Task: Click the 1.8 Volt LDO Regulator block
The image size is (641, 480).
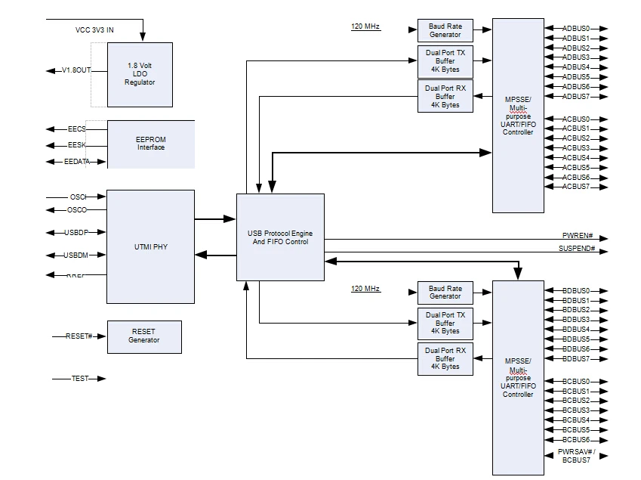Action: (140, 74)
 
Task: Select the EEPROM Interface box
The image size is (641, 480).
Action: (150, 143)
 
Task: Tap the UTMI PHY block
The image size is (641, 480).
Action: (149, 246)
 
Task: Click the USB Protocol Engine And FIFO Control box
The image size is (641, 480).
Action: (280, 237)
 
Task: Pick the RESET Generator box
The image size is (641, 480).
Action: (143, 336)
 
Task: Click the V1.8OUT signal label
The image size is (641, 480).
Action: (76, 71)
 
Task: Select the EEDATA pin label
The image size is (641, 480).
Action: (76, 162)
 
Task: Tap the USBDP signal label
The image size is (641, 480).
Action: (76, 233)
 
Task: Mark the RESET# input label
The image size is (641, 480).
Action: (79, 336)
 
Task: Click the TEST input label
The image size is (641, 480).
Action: (79, 378)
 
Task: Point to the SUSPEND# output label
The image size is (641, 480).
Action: (577, 249)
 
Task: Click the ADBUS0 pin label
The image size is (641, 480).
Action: (575, 29)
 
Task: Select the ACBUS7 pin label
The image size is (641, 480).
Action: (575, 187)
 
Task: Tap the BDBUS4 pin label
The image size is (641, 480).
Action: (575, 330)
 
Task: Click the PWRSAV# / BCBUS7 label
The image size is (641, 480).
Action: (576, 455)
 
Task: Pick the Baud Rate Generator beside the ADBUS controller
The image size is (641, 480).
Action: (445, 31)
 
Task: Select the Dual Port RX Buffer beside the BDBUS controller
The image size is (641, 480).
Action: (445, 358)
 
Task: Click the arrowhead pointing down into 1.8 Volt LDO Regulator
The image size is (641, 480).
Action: (143, 38)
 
